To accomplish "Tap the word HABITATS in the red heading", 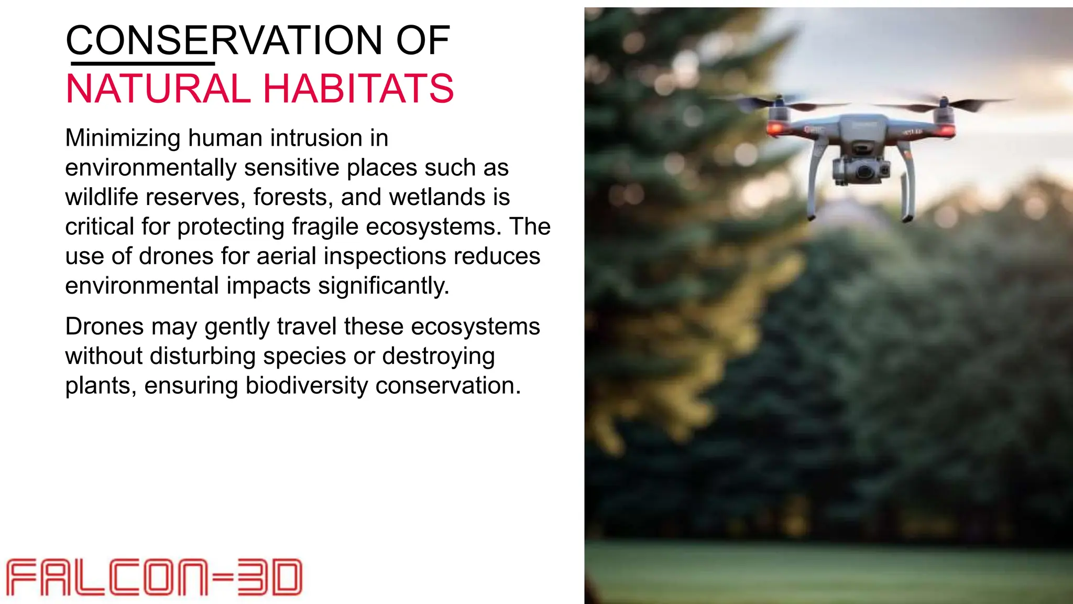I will [x=358, y=89].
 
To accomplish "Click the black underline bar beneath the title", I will [x=143, y=63].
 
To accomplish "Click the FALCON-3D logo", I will [x=154, y=577].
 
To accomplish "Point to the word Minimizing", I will [x=123, y=138].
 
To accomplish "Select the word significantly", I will [x=384, y=286].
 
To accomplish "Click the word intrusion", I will [x=316, y=138].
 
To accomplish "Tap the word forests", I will [x=293, y=198].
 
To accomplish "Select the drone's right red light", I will [x=946, y=130].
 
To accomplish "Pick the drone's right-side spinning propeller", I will [x=943, y=103].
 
